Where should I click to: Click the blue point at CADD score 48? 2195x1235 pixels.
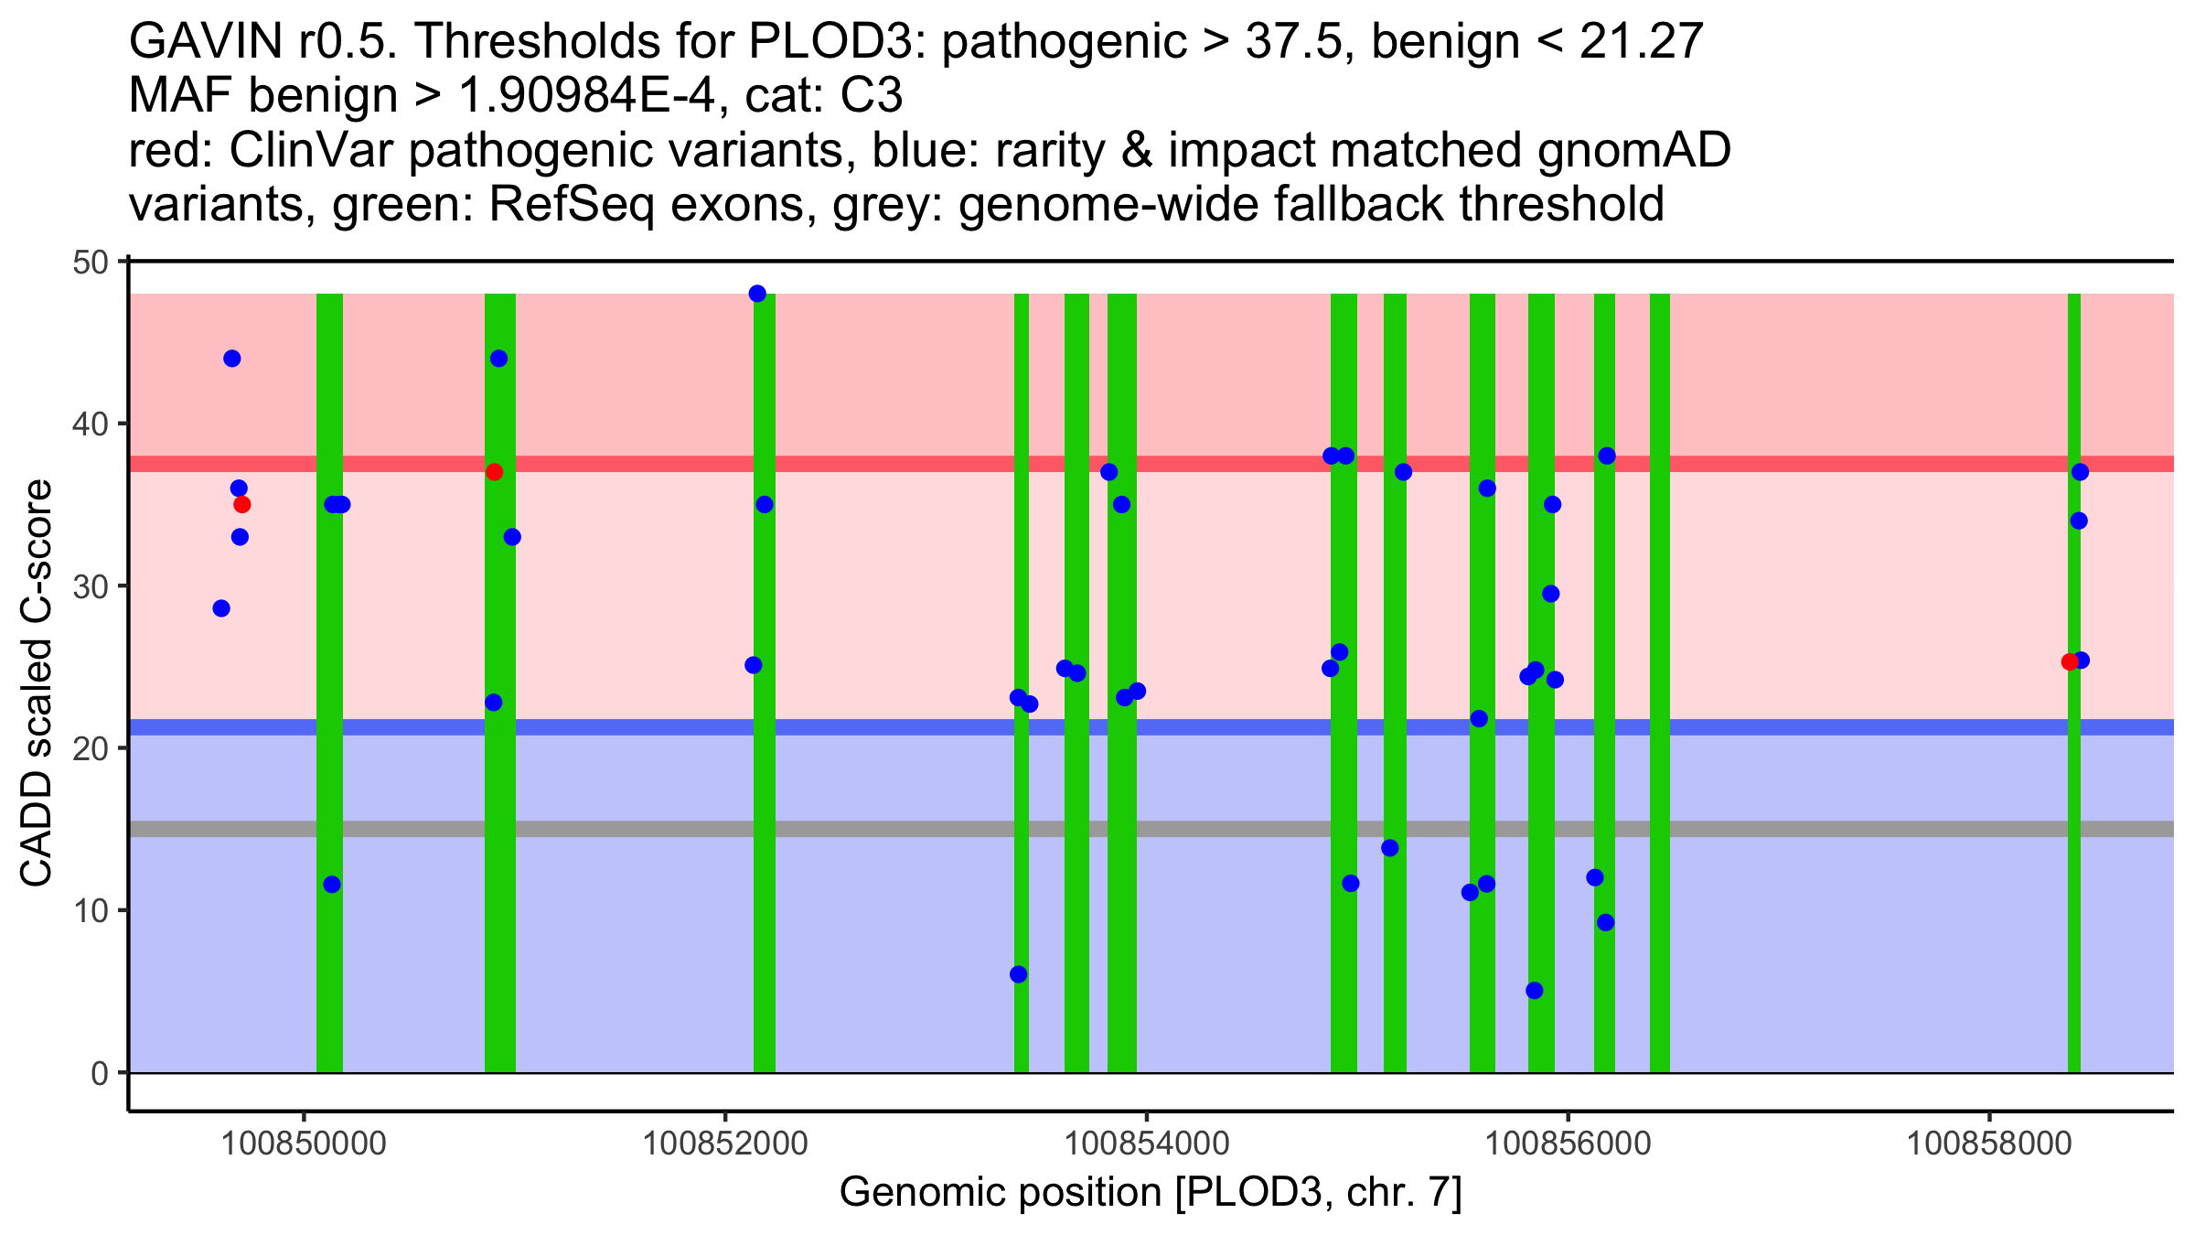[x=757, y=294]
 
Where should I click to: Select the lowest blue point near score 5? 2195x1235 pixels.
[x=1535, y=991]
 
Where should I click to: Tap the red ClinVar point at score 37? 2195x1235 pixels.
[x=495, y=472]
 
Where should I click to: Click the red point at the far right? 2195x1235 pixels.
[x=2070, y=661]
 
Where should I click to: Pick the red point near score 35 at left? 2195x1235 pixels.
[x=242, y=505]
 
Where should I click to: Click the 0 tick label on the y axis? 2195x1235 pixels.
[x=100, y=1073]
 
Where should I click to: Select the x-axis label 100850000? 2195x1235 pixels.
[x=304, y=1144]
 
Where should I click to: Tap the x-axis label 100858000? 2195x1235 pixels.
[x=1989, y=1144]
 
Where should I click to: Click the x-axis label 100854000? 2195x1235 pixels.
[x=1146, y=1144]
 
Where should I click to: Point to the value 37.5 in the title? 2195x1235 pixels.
[x=1296, y=41]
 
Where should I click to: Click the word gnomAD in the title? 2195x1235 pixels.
[x=1633, y=150]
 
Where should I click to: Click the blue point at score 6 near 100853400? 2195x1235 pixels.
[x=1018, y=974]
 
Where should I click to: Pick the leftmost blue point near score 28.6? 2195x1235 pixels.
[x=221, y=608]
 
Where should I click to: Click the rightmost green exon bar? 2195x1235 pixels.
[x=2074, y=823]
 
